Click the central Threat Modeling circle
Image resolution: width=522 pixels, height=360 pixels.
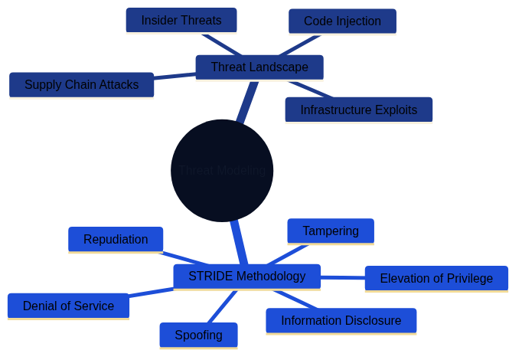(x=222, y=170)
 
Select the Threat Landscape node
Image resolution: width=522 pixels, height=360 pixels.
(x=259, y=67)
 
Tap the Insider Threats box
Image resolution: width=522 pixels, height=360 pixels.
(x=181, y=21)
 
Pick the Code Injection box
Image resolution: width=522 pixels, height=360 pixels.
(x=342, y=21)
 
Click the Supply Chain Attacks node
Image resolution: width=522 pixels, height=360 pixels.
(x=81, y=85)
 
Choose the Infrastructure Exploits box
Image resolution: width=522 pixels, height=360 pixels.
(x=358, y=110)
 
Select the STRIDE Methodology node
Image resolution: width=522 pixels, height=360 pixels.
(x=246, y=277)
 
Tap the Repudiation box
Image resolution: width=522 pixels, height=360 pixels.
(x=116, y=240)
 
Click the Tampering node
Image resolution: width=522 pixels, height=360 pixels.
(x=330, y=231)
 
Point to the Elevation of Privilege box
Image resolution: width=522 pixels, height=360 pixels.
(x=436, y=278)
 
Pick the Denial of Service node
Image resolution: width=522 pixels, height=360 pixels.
(x=68, y=306)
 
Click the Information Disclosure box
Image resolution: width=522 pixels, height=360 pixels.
(x=341, y=321)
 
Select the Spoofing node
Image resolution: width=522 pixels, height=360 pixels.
(x=198, y=335)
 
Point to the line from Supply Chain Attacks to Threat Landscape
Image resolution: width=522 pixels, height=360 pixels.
(x=175, y=76)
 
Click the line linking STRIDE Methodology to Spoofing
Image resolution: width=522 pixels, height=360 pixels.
(x=222, y=306)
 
